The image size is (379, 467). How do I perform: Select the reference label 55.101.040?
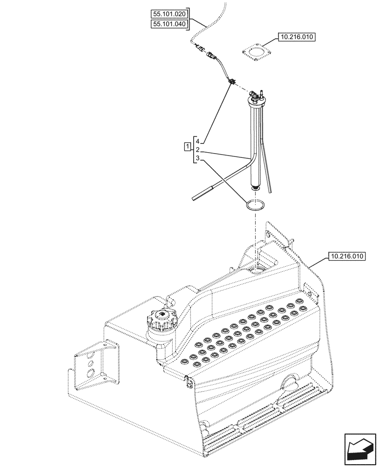pyautogui.click(x=168, y=24)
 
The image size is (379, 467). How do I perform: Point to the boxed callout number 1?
pyautogui.click(x=188, y=148)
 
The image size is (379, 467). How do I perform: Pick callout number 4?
pyautogui.click(x=198, y=141)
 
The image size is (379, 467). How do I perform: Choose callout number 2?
pyautogui.click(x=198, y=150)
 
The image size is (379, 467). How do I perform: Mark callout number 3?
pyautogui.click(x=198, y=159)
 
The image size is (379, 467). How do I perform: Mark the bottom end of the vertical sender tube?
pyautogui.click(x=255, y=188)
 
